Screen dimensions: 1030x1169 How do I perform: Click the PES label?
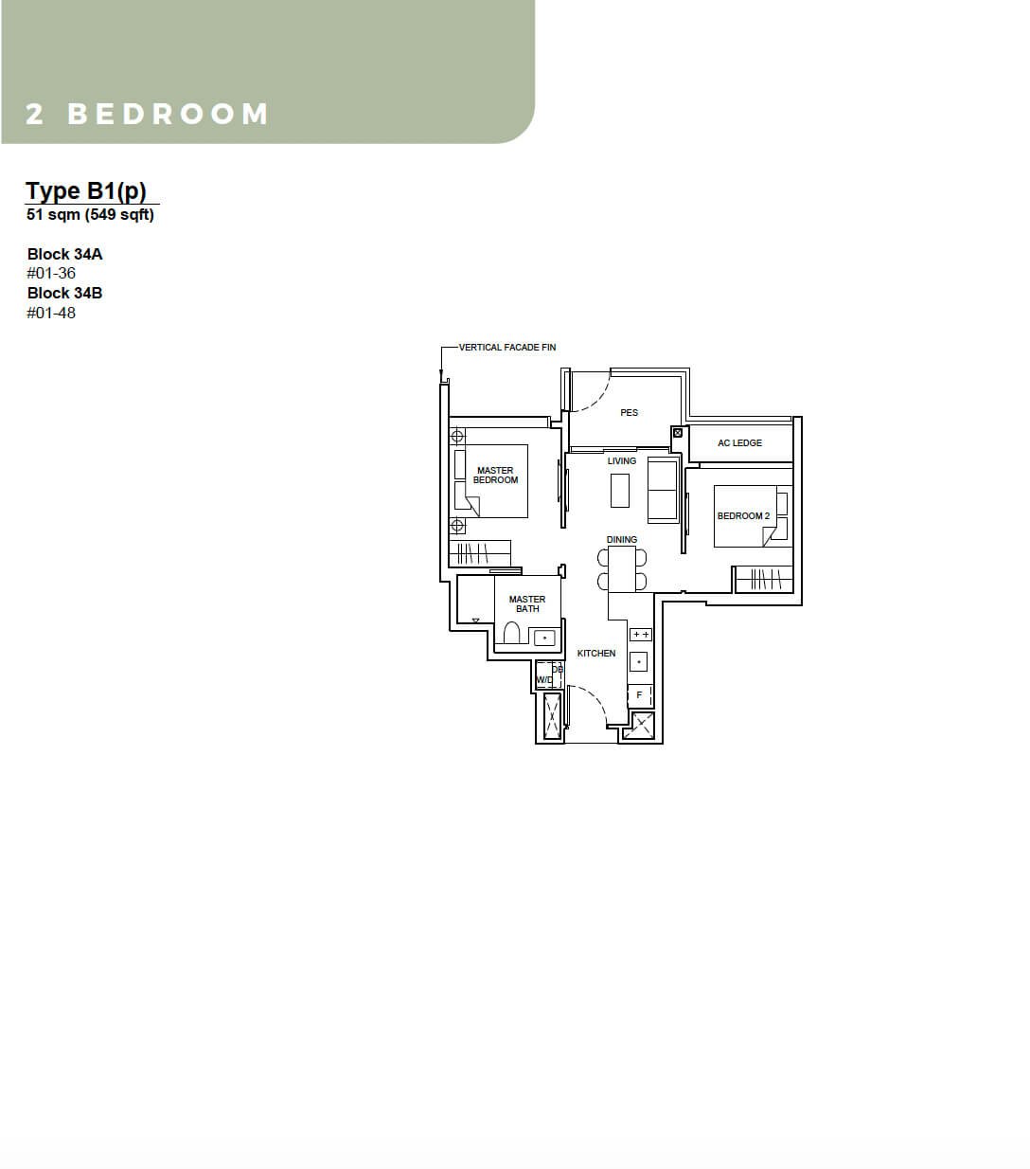(x=629, y=412)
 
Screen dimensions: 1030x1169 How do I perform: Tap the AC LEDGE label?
(x=739, y=443)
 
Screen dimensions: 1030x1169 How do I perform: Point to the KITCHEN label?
(x=596, y=653)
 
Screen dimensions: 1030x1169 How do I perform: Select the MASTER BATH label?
(x=527, y=604)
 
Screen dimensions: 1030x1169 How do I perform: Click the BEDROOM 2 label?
(x=743, y=516)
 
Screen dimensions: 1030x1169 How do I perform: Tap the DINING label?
(x=622, y=539)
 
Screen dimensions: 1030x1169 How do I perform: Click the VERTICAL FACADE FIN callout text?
(x=507, y=348)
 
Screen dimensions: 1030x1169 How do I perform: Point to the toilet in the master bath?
(x=511, y=633)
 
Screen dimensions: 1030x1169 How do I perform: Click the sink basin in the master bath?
(x=544, y=638)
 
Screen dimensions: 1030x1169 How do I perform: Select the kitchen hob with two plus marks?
(x=641, y=634)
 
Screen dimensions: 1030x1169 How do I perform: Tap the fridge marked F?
(x=640, y=695)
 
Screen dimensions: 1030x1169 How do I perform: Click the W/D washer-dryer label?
(x=543, y=679)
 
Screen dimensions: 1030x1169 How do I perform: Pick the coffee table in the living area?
(x=620, y=491)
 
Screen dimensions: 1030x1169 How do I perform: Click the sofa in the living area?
(x=663, y=491)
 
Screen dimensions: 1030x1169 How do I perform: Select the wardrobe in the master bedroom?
(x=480, y=553)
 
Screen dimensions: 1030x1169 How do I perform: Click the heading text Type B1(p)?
(x=86, y=191)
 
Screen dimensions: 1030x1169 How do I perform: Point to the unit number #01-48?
(x=51, y=314)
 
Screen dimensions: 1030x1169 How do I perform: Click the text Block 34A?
(x=64, y=255)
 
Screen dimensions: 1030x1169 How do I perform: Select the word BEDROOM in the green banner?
(x=168, y=114)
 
